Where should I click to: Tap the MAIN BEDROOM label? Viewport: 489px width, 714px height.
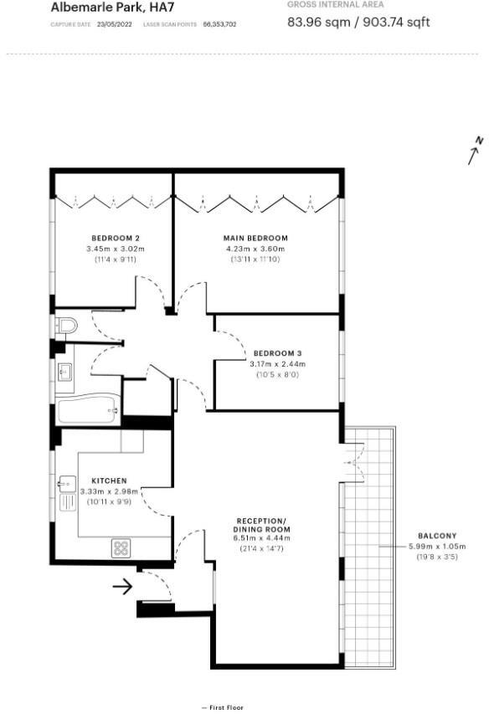pyautogui.click(x=256, y=238)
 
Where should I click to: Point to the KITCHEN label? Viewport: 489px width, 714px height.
pyautogui.click(x=109, y=481)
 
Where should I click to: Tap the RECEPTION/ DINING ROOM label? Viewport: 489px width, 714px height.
pyautogui.click(x=261, y=526)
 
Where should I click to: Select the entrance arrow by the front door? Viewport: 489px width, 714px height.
pyautogui.click(x=122, y=587)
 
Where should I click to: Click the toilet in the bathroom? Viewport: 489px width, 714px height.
pyautogui.click(x=65, y=325)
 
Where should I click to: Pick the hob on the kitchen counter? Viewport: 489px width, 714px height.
pyautogui.click(x=121, y=548)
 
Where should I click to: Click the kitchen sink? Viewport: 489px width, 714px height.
pyautogui.click(x=68, y=483)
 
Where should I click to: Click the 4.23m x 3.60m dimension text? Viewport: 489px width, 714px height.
pyautogui.click(x=256, y=249)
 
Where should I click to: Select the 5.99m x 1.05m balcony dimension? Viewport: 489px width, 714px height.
pyautogui.click(x=437, y=547)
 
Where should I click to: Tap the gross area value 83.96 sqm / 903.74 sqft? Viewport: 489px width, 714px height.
pyautogui.click(x=358, y=22)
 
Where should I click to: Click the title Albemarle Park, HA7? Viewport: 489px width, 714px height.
pyautogui.click(x=101, y=7)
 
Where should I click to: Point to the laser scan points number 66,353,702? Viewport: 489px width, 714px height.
pyautogui.click(x=219, y=24)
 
